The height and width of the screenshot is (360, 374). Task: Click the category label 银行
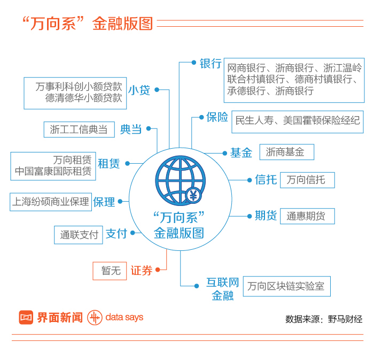coord(210,63)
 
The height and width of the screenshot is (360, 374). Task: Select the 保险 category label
coord(217,117)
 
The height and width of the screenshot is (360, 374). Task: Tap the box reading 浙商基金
coord(286,152)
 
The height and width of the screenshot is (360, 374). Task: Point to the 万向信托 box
coord(307,180)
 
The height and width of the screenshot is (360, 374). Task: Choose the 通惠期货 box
coord(307,216)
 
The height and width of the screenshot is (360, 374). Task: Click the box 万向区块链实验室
coord(286,286)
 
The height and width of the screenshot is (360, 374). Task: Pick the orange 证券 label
coord(142,271)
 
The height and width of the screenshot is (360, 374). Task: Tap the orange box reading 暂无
coord(110,271)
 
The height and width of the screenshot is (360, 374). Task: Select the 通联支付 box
coord(79,234)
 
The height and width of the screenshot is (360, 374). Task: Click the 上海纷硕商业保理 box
coord(51,202)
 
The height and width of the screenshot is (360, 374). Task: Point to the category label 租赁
coord(108,164)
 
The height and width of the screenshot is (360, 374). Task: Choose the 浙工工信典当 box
coord(79,129)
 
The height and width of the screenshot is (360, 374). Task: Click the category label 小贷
coord(139,90)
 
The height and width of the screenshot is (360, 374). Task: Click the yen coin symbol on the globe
coord(193,196)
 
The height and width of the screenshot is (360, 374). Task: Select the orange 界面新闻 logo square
coord(26,317)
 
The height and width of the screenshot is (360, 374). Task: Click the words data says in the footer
coord(124,317)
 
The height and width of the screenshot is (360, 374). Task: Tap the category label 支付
coord(116,234)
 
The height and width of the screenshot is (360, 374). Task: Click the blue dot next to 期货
coord(249,216)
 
